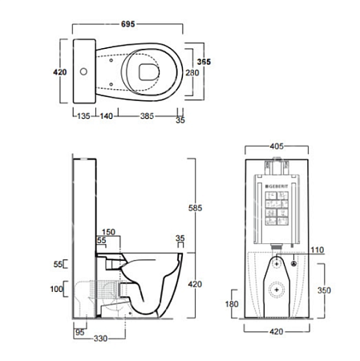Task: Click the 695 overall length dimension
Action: pos(128,24)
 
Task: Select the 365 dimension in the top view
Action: pos(204,62)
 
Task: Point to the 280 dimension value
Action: pos(192,72)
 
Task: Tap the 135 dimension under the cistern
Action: pos(83,116)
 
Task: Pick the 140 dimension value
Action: pos(106,116)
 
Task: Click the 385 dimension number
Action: pos(147,116)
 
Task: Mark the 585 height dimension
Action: pos(195,208)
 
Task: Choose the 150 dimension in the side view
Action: pos(108,232)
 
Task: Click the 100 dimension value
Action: pos(56,289)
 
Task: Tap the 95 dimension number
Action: pos(79,332)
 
